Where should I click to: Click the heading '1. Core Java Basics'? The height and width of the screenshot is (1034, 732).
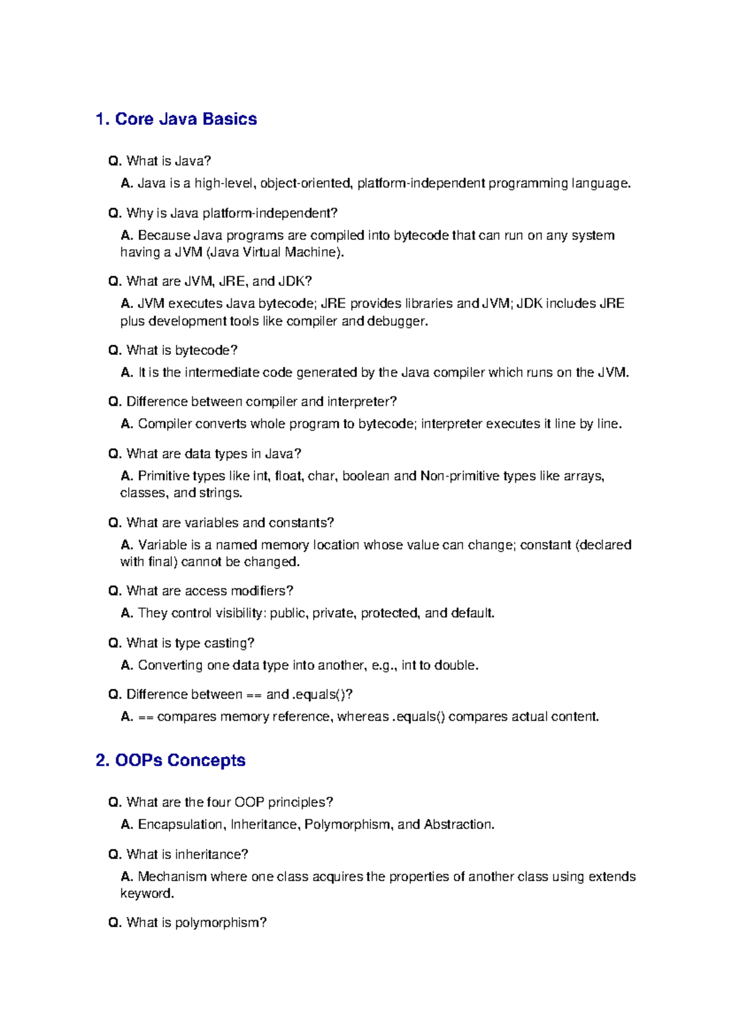(x=176, y=119)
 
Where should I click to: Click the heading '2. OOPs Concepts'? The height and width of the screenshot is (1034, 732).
(x=170, y=760)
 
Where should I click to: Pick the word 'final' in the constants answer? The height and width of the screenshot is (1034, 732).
(x=162, y=562)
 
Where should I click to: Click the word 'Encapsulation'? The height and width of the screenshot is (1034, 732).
(x=181, y=824)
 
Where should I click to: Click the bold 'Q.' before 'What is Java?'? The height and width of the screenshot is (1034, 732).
(x=115, y=161)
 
